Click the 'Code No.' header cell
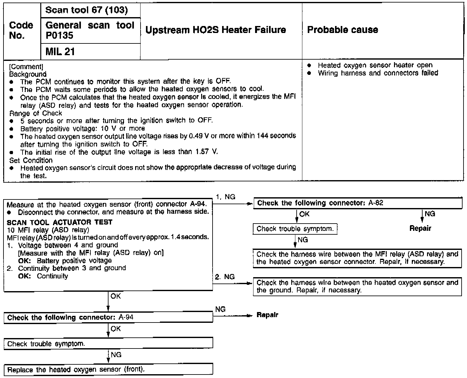click(21, 30)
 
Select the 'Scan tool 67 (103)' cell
click(86, 10)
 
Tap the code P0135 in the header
click(59, 36)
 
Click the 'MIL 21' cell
click(60, 52)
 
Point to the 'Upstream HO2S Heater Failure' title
click(215, 30)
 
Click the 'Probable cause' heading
click(343, 30)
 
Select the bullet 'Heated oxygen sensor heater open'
click(375, 65)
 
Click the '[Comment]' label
click(26, 67)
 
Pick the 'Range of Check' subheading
click(36, 113)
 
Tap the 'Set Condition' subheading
click(31, 160)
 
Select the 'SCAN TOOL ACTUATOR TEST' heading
click(60, 222)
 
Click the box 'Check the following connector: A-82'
click(358, 203)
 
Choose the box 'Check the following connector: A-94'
click(108, 318)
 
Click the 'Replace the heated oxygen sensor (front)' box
click(108, 370)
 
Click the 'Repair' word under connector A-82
click(420, 228)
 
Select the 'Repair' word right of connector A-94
click(267, 315)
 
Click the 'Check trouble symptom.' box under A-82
click(295, 229)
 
